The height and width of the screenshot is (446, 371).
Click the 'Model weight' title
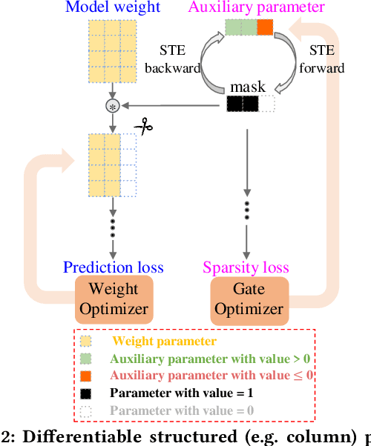click(113, 8)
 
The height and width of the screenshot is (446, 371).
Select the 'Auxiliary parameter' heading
click(257, 8)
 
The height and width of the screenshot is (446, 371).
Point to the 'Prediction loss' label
click(114, 267)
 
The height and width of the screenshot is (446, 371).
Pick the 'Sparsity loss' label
click(246, 267)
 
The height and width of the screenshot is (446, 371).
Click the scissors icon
click(142, 127)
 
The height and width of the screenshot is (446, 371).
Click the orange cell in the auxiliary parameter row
click(265, 29)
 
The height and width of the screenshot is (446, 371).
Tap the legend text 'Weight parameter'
click(164, 342)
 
